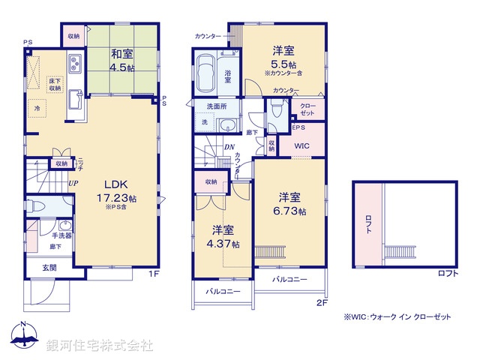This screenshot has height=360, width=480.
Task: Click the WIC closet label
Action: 301,145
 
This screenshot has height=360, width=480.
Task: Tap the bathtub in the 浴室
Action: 206,76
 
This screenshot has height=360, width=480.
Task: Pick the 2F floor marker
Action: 322,302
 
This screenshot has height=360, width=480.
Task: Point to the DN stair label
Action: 229,147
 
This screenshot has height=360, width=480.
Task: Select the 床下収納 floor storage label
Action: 55,84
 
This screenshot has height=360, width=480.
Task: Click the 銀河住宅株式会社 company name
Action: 100,346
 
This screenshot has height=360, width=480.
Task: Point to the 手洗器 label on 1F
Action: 61,235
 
